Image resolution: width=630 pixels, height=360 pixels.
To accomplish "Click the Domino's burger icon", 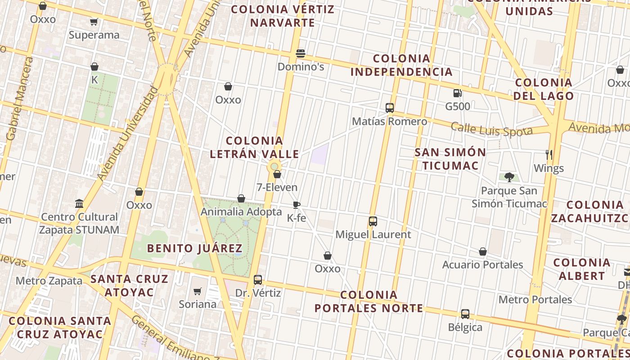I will [x=301, y=54].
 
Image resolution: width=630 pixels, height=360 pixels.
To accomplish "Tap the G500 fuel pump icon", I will [x=457, y=93].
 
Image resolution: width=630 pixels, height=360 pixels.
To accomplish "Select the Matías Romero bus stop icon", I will [x=390, y=108].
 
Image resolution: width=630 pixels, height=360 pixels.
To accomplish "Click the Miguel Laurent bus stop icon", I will [x=373, y=221].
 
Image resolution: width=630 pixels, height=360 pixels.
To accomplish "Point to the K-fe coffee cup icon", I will [x=296, y=205].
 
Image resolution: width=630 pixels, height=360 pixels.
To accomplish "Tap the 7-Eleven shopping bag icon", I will [x=277, y=174].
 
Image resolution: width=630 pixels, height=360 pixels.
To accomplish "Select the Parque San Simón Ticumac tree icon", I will [x=509, y=177].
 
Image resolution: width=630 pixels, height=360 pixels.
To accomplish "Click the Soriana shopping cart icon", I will [x=197, y=291].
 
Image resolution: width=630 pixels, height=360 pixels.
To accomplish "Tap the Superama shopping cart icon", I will [x=94, y=22].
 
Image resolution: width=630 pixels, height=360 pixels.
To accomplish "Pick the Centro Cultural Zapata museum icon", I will [x=80, y=203].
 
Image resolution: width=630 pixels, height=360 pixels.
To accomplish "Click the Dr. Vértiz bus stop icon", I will [x=258, y=280].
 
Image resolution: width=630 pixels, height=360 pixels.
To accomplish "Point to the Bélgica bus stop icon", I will [x=465, y=314].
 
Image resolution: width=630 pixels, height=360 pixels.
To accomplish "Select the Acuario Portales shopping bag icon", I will [x=482, y=252].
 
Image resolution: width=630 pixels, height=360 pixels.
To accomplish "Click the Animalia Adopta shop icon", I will [x=241, y=198].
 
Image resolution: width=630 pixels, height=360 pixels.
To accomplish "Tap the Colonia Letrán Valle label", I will [x=254, y=148].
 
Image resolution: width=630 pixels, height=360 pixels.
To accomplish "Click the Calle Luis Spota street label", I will [x=491, y=129].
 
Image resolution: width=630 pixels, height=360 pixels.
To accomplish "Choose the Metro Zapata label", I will [x=49, y=281].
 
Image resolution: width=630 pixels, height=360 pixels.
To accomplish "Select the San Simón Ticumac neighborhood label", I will [x=450, y=159].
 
